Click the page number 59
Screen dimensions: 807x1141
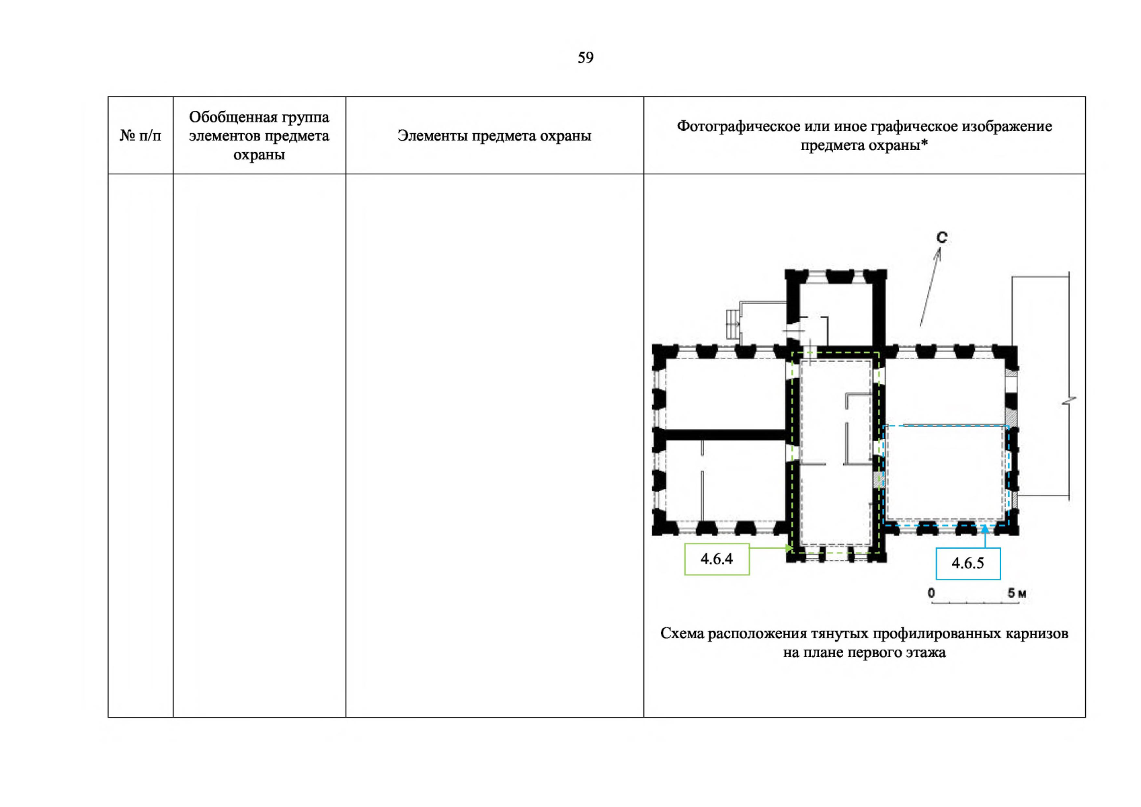pos(585,58)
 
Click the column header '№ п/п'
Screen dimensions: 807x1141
pos(141,136)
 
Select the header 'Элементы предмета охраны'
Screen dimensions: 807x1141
pos(494,136)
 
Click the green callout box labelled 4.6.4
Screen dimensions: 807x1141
pos(717,559)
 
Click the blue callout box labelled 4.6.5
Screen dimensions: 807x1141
pos(968,564)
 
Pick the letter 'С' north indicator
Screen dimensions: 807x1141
pos(941,237)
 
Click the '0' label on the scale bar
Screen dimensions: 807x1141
pos(931,593)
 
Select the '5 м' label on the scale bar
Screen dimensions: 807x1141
pos(1016,593)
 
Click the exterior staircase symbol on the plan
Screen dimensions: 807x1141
pos(732,324)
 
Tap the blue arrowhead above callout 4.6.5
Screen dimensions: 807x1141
pos(984,529)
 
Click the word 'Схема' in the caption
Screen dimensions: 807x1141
pos(682,633)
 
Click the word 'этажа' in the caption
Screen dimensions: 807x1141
pos(924,652)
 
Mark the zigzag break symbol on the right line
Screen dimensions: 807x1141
pos(1069,401)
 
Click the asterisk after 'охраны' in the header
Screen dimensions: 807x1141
pos(924,143)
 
